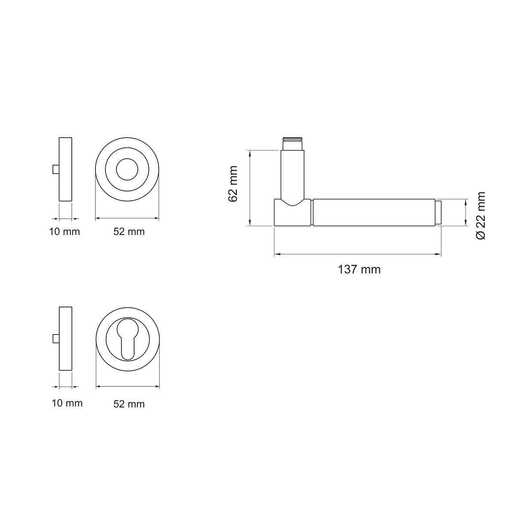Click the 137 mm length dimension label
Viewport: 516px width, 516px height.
359,270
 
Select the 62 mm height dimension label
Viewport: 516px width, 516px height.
233,184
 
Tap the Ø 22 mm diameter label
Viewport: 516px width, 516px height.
481,215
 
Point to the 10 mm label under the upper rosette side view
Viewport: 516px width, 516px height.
64,232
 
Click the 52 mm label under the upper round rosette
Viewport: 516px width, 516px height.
129,232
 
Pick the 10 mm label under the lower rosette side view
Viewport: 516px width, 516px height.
67,403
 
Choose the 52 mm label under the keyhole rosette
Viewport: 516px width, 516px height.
129,404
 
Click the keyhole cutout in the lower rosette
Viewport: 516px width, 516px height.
128,339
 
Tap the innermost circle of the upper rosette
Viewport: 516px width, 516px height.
127,159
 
